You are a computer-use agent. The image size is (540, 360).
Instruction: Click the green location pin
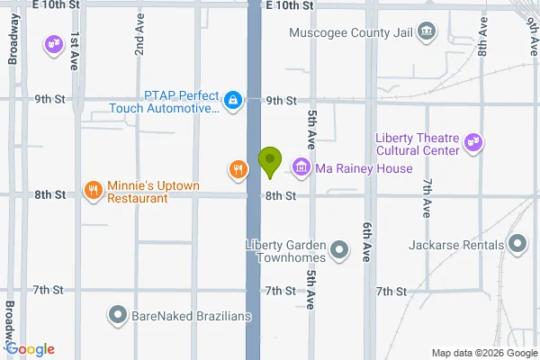click(x=268, y=162)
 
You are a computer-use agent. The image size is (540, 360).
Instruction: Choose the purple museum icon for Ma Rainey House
click(x=301, y=167)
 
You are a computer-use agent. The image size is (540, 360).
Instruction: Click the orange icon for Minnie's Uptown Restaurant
click(x=93, y=190)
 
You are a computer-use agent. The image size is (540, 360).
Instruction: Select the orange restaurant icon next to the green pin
click(x=238, y=168)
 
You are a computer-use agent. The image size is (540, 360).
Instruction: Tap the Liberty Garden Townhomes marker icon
click(x=339, y=249)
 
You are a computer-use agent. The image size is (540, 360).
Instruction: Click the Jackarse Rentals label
click(x=453, y=244)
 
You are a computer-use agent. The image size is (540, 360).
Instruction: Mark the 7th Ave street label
click(x=426, y=198)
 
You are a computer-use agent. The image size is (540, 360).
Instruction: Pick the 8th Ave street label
click(x=483, y=38)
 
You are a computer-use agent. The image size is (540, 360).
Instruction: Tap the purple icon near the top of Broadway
click(x=53, y=42)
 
